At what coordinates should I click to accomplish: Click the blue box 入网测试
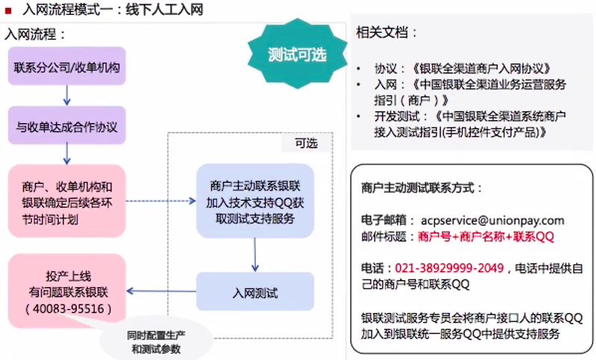click(x=255, y=292)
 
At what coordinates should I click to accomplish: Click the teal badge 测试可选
click(x=297, y=54)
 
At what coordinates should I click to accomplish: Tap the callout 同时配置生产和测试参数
click(x=151, y=342)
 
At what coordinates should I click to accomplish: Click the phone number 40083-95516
click(x=67, y=308)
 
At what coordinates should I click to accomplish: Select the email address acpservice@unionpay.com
click(x=492, y=221)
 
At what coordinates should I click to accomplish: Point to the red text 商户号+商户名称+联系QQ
click(x=486, y=236)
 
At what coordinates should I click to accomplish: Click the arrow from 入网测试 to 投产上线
click(x=161, y=291)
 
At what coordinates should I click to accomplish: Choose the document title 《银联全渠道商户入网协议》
click(x=476, y=67)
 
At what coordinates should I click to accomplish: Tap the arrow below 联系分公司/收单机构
click(x=67, y=95)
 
